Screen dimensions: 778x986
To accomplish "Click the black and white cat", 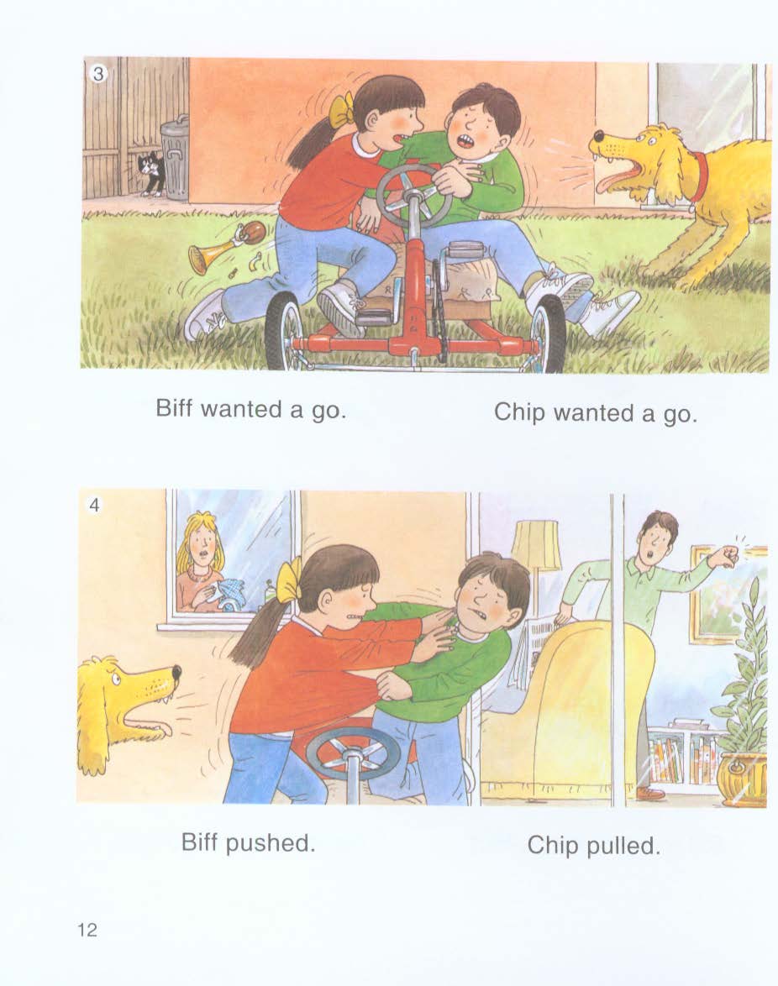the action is [x=151, y=172].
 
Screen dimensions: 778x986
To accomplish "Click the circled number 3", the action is [x=98, y=74].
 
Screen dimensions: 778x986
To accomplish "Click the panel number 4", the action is [x=94, y=505].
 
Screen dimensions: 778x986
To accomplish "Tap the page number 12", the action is [x=87, y=930].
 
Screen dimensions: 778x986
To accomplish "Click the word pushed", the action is [x=271, y=842].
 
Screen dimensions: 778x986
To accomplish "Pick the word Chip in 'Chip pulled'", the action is [x=552, y=845].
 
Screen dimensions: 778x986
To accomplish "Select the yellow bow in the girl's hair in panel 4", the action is [x=289, y=579].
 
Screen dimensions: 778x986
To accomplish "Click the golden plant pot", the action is [x=743, y=779].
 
